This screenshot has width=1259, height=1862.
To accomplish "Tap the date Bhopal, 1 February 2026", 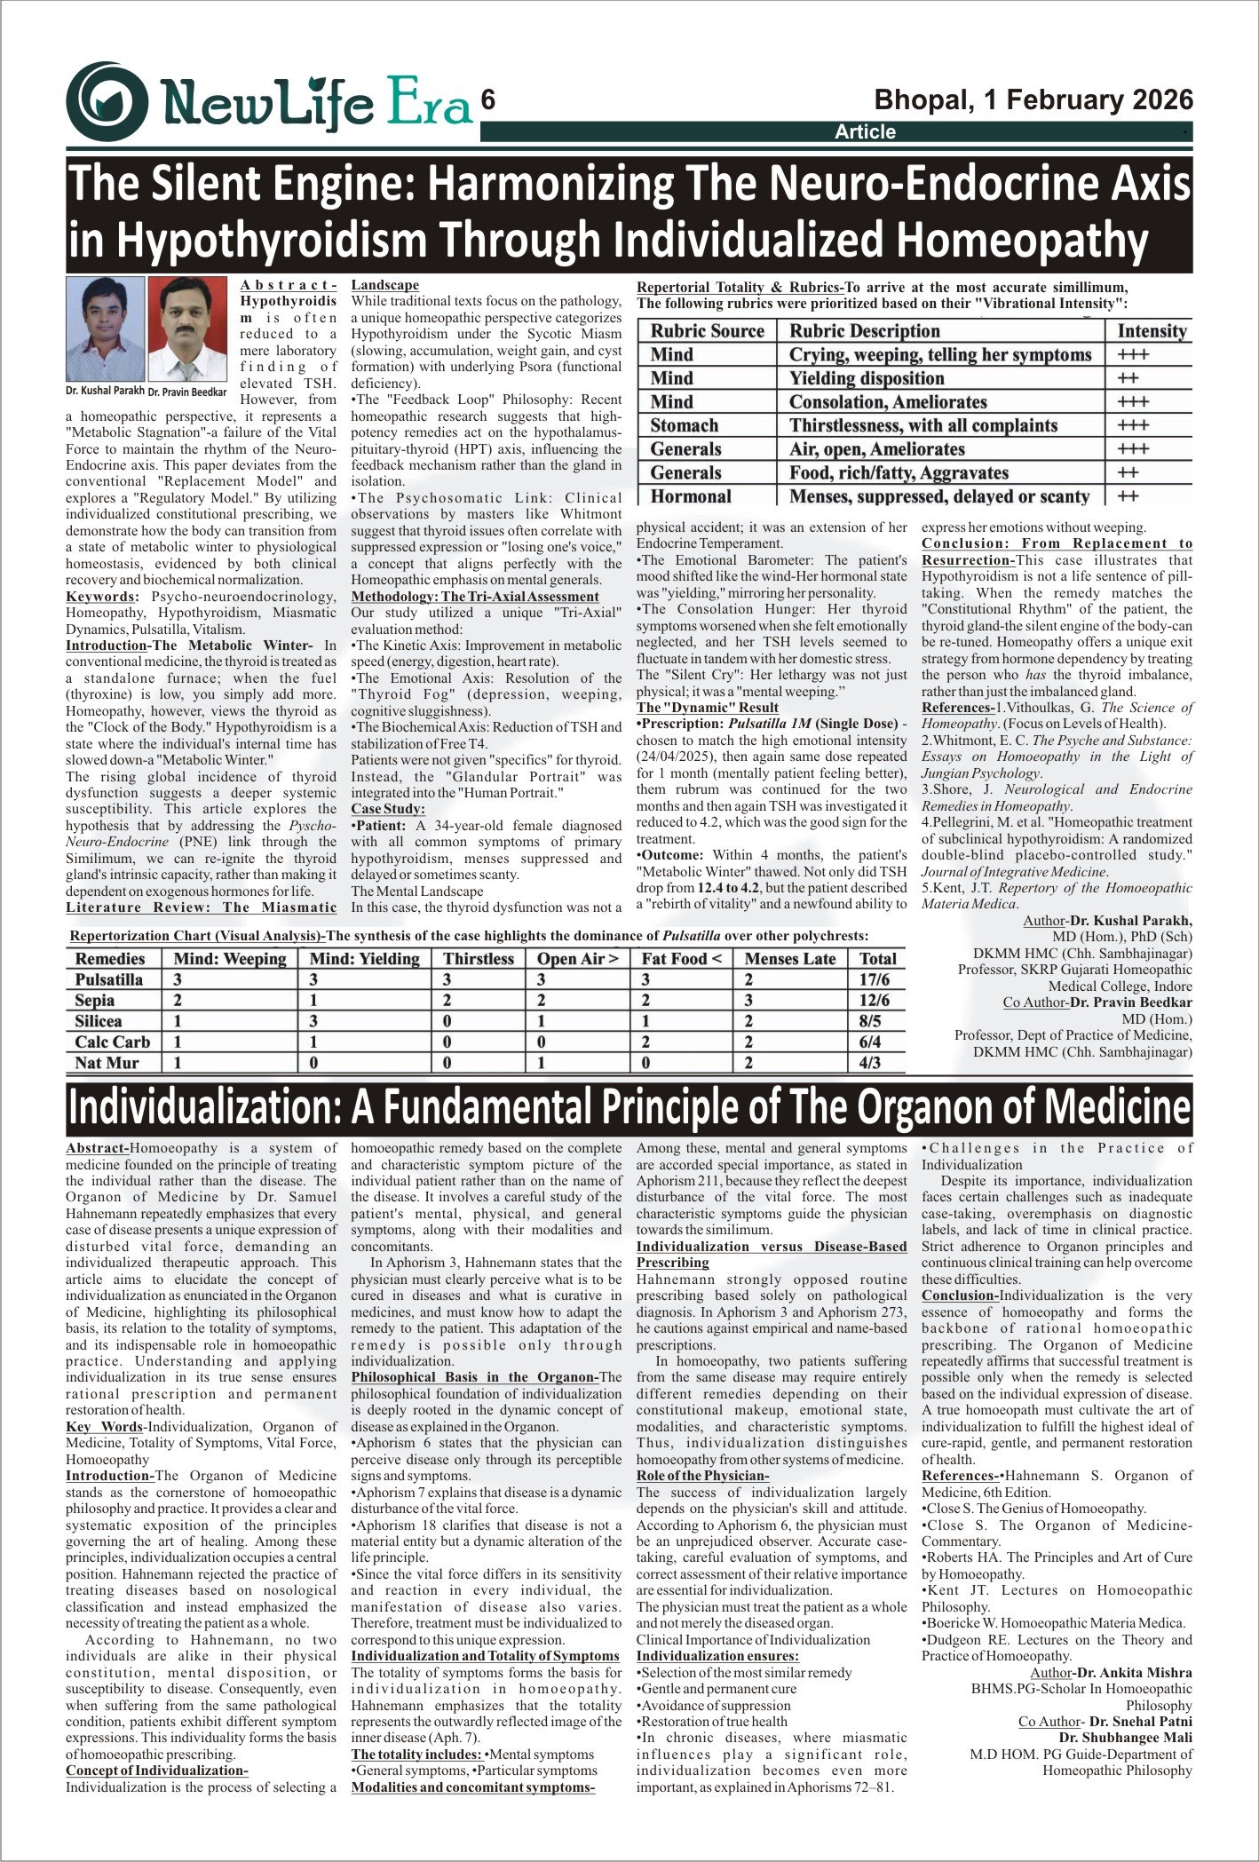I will [x=1033, y=99].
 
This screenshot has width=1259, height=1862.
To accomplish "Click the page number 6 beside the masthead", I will [x=487, y=100].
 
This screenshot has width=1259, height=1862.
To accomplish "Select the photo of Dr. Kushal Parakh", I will [x=105, y=329].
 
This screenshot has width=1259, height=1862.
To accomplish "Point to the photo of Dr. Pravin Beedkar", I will [x=187, y=329].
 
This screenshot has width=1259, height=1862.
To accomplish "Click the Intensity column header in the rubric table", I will [x=1152, y=331].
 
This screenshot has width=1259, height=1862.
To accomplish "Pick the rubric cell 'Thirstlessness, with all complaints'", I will [x=923, y=425].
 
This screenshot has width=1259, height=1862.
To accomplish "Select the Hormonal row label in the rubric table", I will [x=691, y=496].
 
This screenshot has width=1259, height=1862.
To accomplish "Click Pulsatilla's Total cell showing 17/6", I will [x=875, y=979].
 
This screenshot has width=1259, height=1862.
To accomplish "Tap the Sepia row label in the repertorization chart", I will [x=95, y=1001].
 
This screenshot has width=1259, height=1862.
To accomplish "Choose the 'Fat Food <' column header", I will [x=682, y=959].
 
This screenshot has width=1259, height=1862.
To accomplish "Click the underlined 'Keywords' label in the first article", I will [x=101, y=597].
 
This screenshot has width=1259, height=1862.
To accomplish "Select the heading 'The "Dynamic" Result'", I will [x=707, y=708].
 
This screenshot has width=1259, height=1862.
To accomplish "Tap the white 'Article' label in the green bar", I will [x=865, y=132].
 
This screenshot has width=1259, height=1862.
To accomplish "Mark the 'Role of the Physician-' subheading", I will [x=702, y=1476].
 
